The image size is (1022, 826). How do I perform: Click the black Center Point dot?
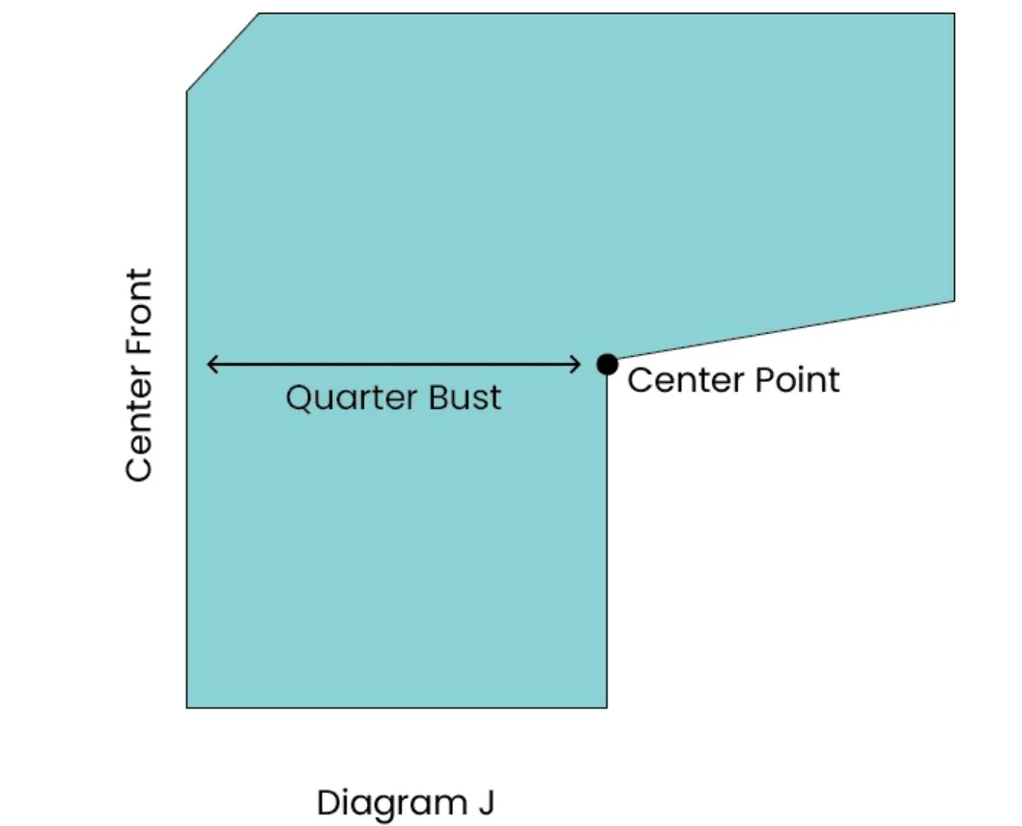tap(607, 364)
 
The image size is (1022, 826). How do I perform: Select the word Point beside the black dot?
tap(797, 379)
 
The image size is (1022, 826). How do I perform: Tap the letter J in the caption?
tap(486, 803)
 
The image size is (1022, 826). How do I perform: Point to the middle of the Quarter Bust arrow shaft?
tap(394, 364)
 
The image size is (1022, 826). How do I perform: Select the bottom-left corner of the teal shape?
tap(187, 707)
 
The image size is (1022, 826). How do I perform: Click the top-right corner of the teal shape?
tap(953, 14)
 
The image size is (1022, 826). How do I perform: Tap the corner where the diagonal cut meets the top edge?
tap(260, 14)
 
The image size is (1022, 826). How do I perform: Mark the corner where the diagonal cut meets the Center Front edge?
tap(187, 92)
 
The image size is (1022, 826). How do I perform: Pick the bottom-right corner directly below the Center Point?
tap(607, 707)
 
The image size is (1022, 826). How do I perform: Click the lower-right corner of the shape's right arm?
tap(953, 300)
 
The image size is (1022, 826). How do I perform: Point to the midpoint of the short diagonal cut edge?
tap(223, 53)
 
